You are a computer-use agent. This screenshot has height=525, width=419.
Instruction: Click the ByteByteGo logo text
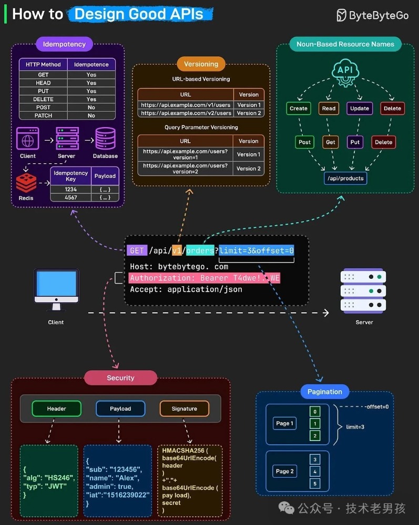point(379,15)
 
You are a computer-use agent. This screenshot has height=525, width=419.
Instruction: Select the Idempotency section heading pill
point(64,44)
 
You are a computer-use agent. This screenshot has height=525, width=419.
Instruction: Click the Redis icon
point(26,182)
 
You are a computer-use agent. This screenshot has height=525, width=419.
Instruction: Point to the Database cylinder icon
point(105,138)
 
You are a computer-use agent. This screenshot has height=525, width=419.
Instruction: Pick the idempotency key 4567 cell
point(71,197)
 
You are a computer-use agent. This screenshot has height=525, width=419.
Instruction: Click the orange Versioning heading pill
point(201,64)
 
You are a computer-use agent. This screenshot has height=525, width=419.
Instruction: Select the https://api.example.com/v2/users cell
point(186,113)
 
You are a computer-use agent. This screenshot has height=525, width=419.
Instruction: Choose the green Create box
point(299,109)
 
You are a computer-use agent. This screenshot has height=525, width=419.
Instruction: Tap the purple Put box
point(355,142)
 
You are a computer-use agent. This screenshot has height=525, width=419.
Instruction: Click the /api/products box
point(345,178)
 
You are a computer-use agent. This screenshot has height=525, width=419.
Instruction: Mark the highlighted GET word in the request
point(137,250)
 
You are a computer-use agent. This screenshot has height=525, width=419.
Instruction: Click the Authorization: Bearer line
point(205,278)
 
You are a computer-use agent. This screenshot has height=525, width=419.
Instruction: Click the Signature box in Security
point(184,408)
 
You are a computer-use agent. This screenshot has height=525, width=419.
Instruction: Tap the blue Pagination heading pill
point(324,392)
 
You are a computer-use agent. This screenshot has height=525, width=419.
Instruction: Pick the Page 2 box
point(285,471)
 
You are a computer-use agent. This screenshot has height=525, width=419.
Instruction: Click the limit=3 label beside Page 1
point(355,427)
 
